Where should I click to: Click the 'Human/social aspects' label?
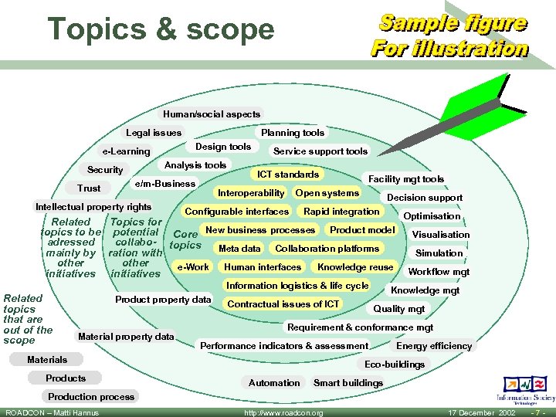click(x=212, y=114)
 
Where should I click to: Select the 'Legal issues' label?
click(x=154, y=133)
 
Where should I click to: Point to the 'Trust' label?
click(x=89, y=188)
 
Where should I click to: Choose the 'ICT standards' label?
click(x=288, y=175)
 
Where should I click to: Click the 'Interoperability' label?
click(x=251, y=193)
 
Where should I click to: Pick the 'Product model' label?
click(x=362, y=230)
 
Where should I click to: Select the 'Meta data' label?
click(x=239, y=249)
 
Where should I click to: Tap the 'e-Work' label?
click(x=193, y=267)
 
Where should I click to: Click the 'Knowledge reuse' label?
click(x=355, y=267)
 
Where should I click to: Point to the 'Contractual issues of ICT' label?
click(x=283, y=303)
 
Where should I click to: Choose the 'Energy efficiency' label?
click(x=434, y=346)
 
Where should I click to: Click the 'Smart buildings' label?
click(x=348, y=383)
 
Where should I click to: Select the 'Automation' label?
click(x=274, y=383)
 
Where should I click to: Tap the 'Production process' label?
click(x=91, y=397)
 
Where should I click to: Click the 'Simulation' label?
click(x=439, y=253)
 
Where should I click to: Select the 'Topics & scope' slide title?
click(x=161, y=29)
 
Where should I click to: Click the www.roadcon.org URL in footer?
click(x=283, y=413)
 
